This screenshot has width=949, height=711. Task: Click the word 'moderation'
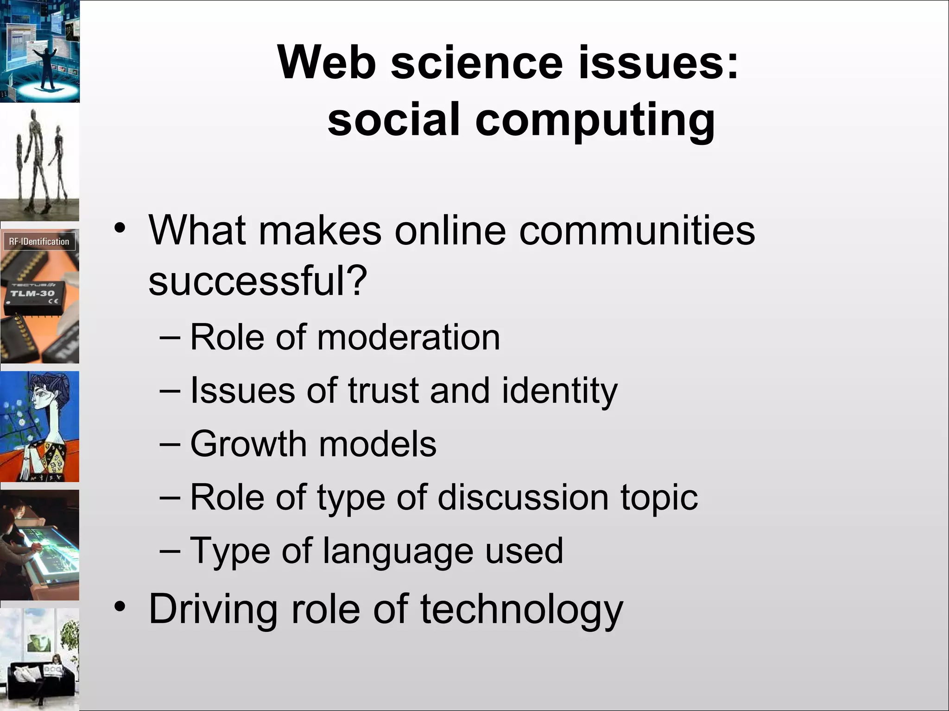tap(408, 337)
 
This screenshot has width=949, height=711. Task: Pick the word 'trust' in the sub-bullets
tap(383, 391)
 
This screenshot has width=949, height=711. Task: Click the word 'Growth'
tap(248, 444)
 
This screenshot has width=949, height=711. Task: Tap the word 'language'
tap(398, 551)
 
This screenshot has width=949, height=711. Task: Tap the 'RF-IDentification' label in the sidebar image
tap(39, 242)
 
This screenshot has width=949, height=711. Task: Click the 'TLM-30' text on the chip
tap(32, 293)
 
